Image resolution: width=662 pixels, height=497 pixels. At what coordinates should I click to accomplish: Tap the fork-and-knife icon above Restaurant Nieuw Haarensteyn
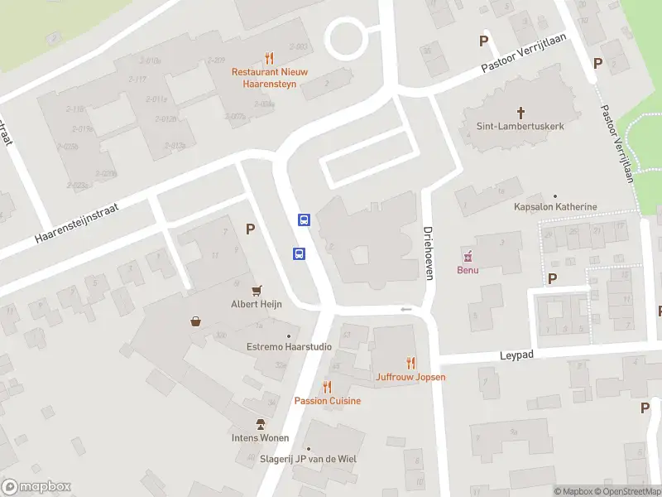269,58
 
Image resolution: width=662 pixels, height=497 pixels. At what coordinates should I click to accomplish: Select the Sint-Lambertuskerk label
520,127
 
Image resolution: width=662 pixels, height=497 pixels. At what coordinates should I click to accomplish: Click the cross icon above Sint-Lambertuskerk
521,112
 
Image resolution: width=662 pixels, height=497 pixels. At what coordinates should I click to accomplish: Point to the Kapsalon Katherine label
555,206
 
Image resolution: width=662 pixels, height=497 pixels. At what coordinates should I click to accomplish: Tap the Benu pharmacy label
468,270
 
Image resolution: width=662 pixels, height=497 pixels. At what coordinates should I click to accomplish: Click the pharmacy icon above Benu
468,255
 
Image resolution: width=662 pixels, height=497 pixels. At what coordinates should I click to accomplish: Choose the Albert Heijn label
257,304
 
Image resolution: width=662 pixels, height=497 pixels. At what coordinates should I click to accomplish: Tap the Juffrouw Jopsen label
410,377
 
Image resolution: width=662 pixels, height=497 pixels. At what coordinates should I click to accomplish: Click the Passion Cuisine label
328,401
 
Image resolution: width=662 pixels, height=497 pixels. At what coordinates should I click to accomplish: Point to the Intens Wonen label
261,437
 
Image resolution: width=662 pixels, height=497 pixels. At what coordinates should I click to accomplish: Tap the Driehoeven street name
429,253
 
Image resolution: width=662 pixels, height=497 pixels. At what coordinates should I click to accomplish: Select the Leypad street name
517,355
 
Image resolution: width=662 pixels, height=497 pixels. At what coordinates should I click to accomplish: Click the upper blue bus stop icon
304,220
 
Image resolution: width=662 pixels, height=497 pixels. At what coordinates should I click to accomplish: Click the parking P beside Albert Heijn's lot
250,229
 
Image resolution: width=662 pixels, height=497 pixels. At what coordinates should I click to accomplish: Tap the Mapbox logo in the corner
36,487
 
